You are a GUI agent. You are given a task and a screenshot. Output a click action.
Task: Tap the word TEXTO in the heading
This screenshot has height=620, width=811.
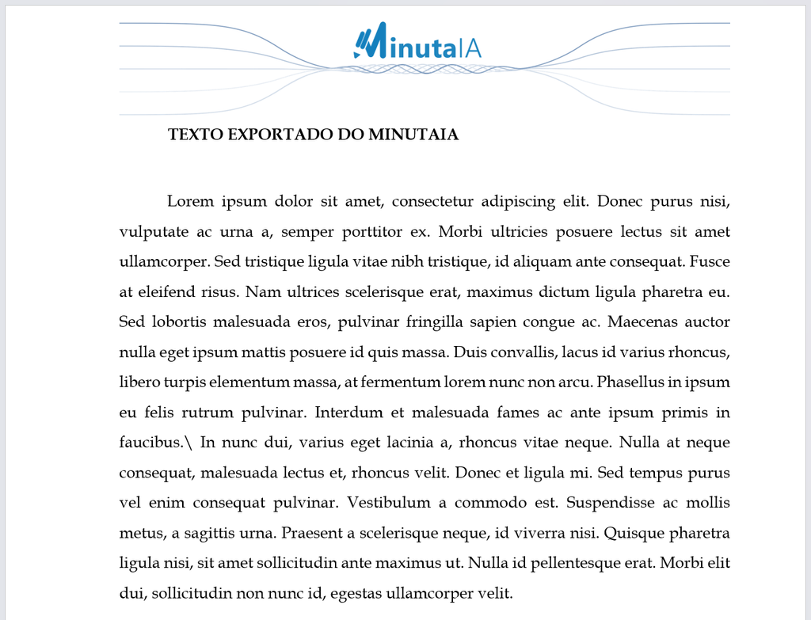click(x=196, y=135)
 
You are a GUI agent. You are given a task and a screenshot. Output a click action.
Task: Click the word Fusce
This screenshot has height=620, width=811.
click(x=710, y=261)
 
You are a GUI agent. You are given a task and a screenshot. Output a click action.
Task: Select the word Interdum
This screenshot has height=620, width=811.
click(x=348, y=413)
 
